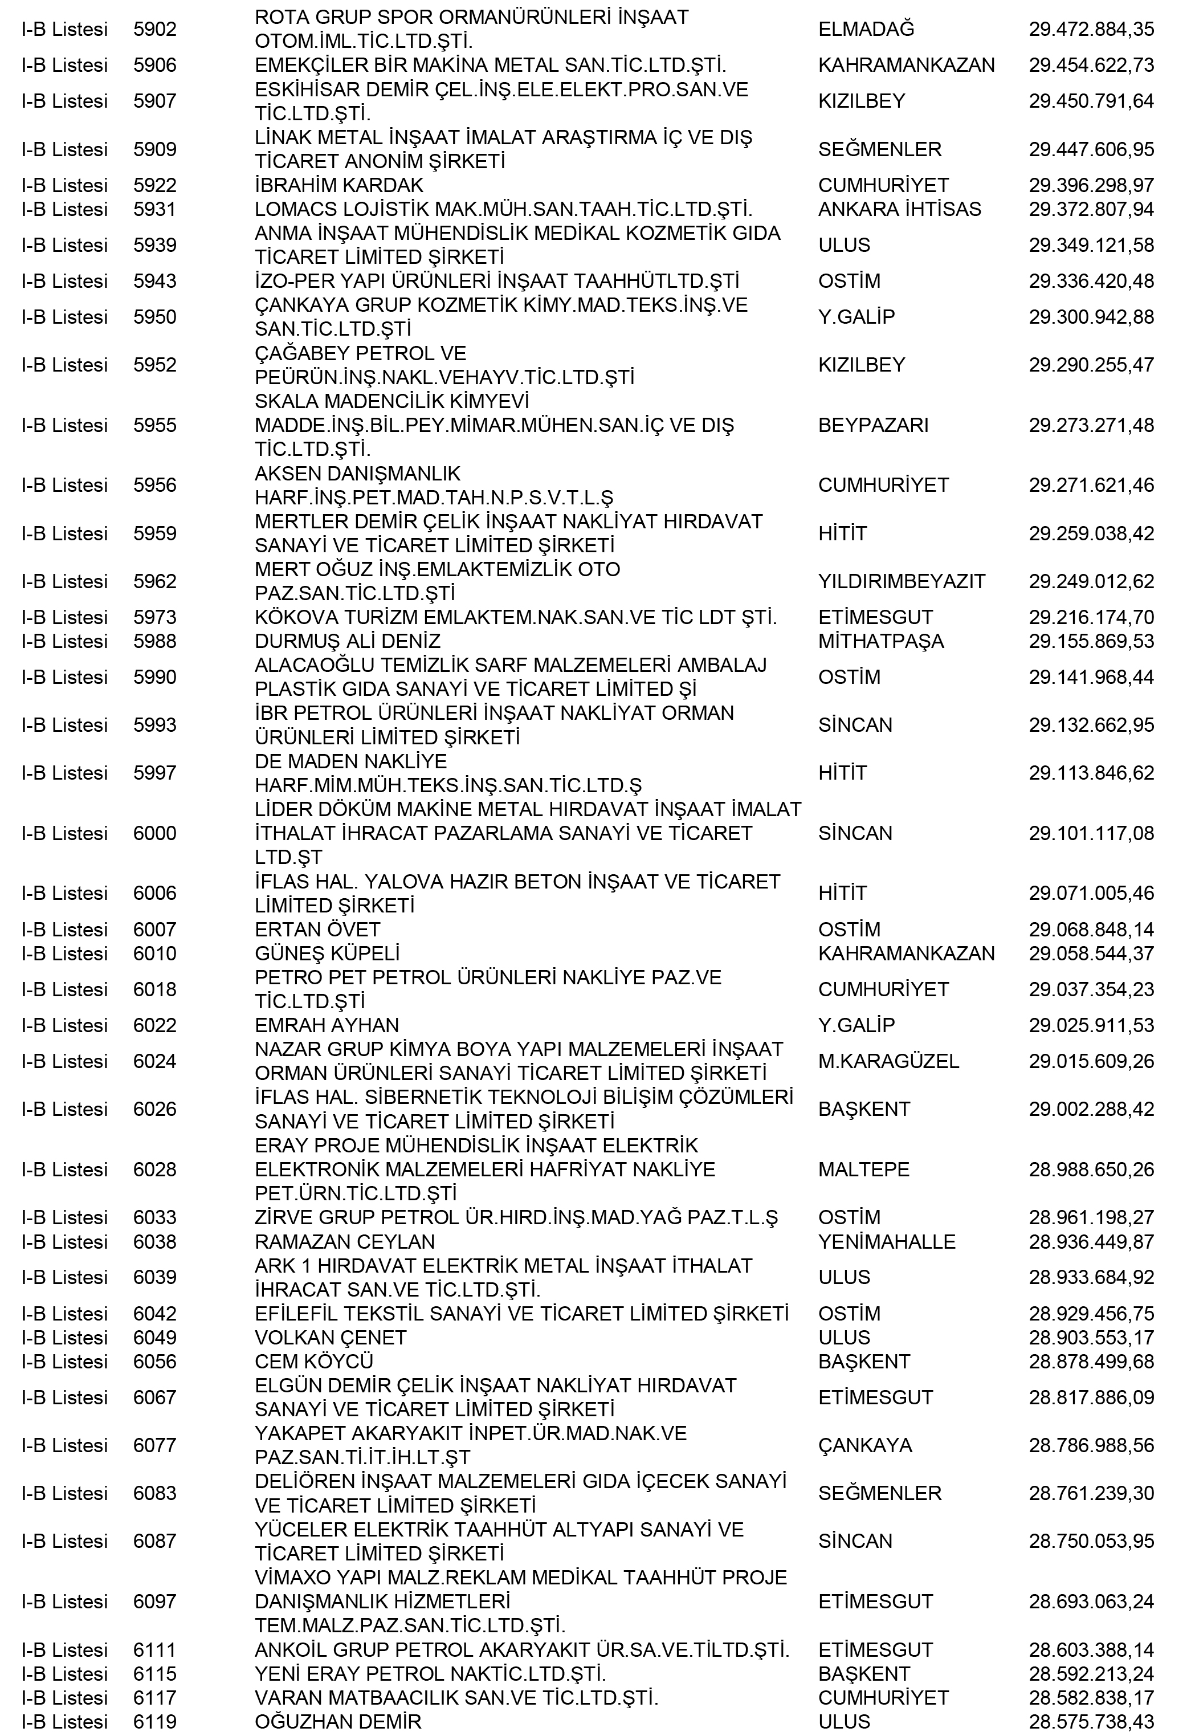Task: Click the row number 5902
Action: pyautogui.click(x=154, y=29)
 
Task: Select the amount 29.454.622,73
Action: pyautogui.click(x=1091, y=65)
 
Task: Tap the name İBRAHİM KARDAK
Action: pyautogui.click(x=339, y=185)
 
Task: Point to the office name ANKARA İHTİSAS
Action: pyautogui.click(x=899, y=209)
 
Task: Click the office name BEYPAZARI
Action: pyautogui.click(x=873, y=425)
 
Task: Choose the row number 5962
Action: pyautogui.click(x=154, y=581)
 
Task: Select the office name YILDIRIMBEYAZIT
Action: pyautogui.click(x=902, y=581)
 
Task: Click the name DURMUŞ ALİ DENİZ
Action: pyautogui.click(x=347, y=641)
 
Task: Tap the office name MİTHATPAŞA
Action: pyautogui.click(x=880, y=641)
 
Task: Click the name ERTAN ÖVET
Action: pyautogui.click(x=317, y=930)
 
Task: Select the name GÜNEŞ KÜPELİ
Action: pyautogui.click(x=327, y=953)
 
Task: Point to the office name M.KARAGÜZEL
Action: pyautogui.click(x=888, y=1061)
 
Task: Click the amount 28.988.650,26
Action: pyautogui.click(x=1091, y=1169)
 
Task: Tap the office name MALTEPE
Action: pyautogui.click(x=863, y=1169)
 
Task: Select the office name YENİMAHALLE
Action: pyautogui.click(x=887, y=1242)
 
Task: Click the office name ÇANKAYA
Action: pyautogui.click(x=865, y=1445)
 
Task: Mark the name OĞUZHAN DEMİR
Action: pyautogui.click(x=338, y=1722)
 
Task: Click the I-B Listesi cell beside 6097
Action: pyautogui.click(x=64, y=1601)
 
